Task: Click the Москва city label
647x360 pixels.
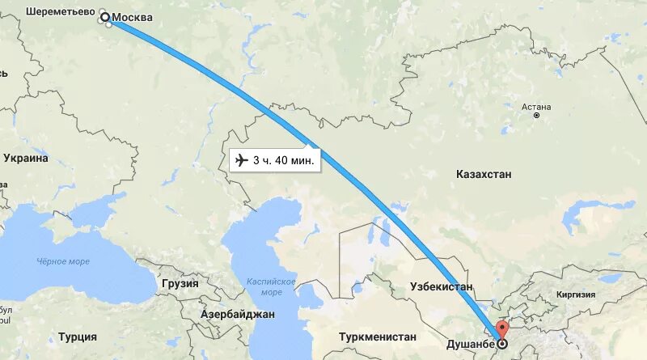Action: [x=131, y=18]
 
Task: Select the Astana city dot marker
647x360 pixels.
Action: [x=536, y=116]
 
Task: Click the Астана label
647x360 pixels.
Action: [x=536, y=106]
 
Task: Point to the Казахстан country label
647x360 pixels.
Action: [x=484, y=175]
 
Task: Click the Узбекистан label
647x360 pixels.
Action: [x=442, y=287]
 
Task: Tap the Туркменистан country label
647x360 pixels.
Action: [x=378, y=337]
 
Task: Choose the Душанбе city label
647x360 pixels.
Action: [x=470, y=344]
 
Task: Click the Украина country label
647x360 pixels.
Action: [x=26, y=159]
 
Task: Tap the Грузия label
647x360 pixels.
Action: [x=180, y=284]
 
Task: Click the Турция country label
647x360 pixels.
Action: [x=78, y=337]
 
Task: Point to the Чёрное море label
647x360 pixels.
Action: [x=63, y=261]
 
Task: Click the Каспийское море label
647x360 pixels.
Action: [x=272, y=286]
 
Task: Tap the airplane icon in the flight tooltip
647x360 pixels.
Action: [x=241, y=160]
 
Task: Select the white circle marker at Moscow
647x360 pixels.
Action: [x=104, y=16]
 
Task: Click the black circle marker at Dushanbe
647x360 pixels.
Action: [x=502, y=344]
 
